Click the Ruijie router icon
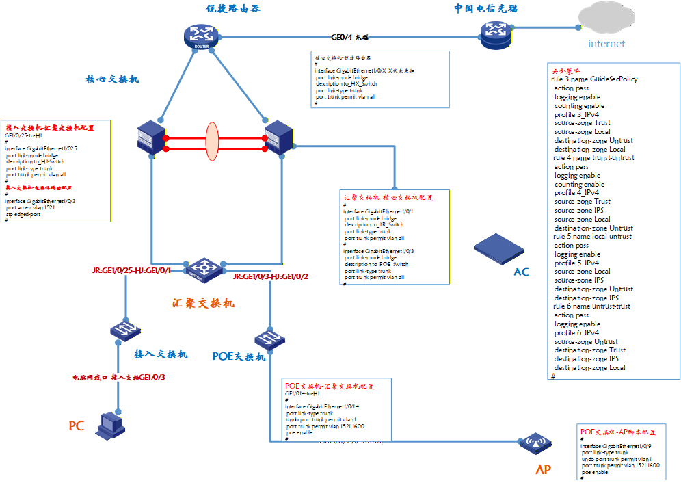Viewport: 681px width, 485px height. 201,36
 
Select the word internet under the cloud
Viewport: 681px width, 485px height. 606,44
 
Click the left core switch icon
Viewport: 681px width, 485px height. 148,137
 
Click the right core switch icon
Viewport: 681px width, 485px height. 278,137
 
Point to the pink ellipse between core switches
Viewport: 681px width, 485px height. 212,142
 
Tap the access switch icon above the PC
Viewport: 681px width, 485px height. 125,330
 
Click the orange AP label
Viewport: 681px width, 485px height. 543,470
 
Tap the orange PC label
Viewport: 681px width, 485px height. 76,426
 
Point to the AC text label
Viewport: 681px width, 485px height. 521,272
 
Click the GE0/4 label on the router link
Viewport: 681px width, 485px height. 349,38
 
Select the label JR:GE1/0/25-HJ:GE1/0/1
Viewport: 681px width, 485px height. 131,271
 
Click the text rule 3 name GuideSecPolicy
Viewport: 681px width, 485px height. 594,79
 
